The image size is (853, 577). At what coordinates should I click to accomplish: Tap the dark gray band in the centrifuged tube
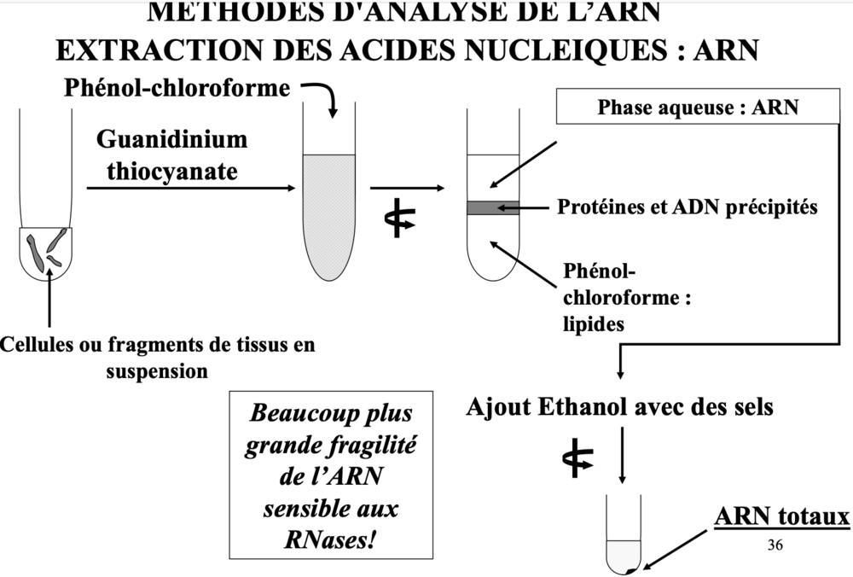tap(492, 207)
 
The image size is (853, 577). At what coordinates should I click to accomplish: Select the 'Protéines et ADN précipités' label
tap(688, 207)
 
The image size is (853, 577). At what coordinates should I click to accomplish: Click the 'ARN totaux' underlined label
tap(781, 517)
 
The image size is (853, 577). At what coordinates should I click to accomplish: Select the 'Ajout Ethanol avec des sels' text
tap(620, 406)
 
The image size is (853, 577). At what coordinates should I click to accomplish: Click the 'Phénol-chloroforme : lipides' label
tap(626, 297)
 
